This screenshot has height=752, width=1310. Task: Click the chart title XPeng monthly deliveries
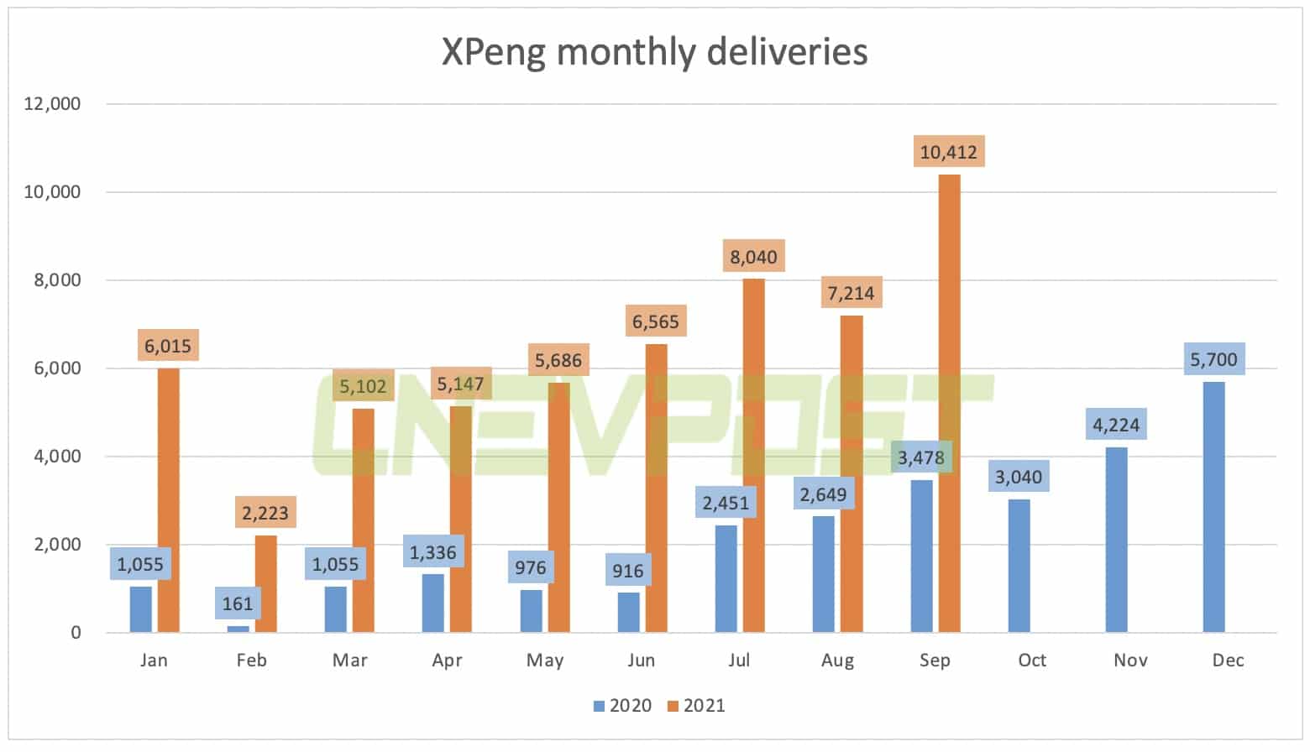pyautogui.click(x=654, y=52)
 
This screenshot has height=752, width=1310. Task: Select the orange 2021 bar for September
pyautogui.click(x=949, y=403)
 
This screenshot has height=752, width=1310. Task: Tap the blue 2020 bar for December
pyautogui.click(x=1213, y=507)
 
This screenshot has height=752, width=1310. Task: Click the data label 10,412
pyautogui.click(x=948, y=152)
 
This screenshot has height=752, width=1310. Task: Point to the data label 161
pyautogui.click(x=238, y=603)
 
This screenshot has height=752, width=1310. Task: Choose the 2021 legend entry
pyautogui.click(x=696, y=706)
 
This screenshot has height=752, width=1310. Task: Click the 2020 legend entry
pyautogui.click(x=622, y=706)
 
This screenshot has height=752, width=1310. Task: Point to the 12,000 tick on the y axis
pyautogui.click(x=53, y=104)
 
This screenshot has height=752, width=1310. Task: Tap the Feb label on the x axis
pyautogui.click(x=251, y=661)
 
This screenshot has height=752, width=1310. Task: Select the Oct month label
pyautogui.click(x=1031, y=661)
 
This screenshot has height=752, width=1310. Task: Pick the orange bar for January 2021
pyautogui.click(x=168, y=500)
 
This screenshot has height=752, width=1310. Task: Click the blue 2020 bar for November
pyautogui.click(x=1116, y=540)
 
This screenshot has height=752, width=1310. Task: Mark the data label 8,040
pyautogui.click(x=753, y=257)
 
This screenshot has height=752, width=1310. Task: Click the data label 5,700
pyautogui.click(x=1213, y=359)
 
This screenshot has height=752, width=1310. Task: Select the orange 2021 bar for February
pyautogui.click(x=265, y=583)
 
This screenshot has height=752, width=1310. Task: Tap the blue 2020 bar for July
pyautogui.click(x=726, y=579)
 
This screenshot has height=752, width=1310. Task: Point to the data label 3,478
pyautogui.click(x=921, y=457)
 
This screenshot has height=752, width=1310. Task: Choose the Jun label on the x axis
pyautogui.click(x=642, y=661)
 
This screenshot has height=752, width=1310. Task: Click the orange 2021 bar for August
pyautogui.click(x=851, y=473)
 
